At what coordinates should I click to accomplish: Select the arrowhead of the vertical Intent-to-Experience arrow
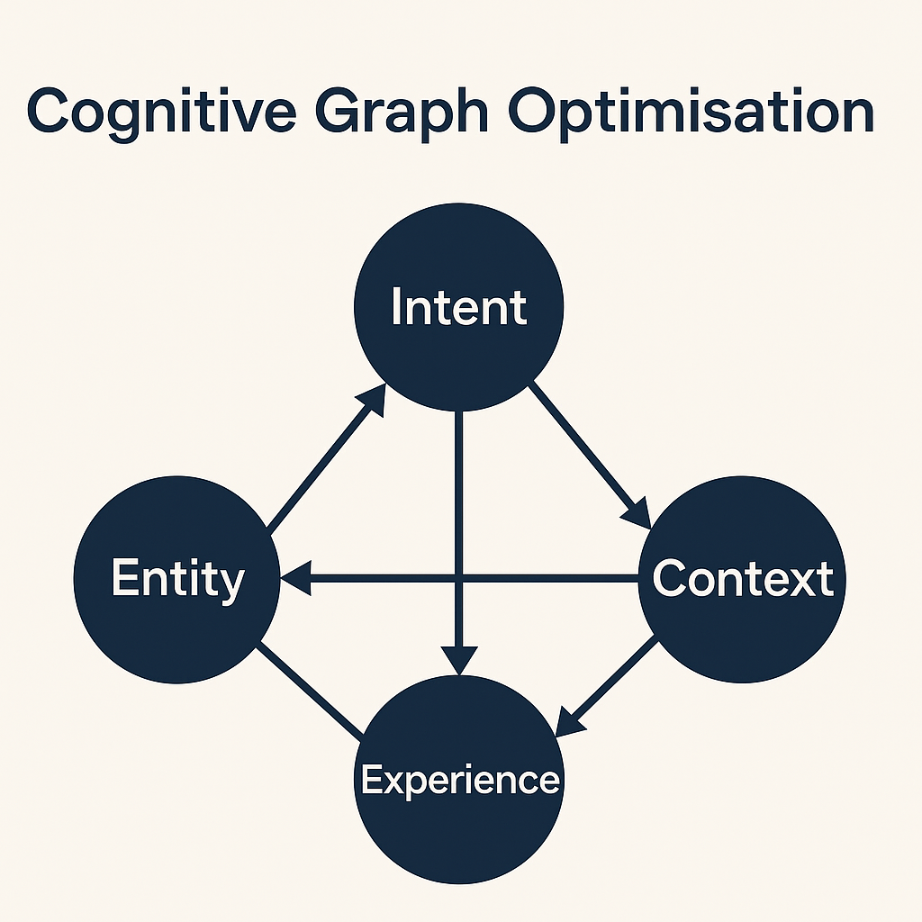(x=460, y=659)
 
